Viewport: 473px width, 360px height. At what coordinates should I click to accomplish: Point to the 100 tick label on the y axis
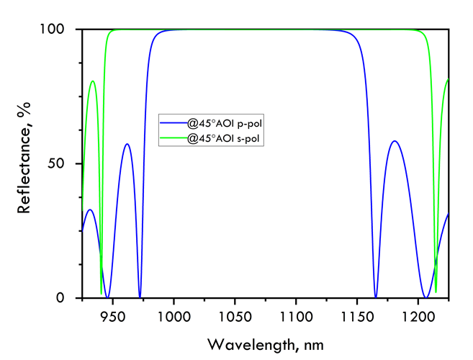point(55,30)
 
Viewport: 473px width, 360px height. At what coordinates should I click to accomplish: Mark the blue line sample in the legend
point(174,124)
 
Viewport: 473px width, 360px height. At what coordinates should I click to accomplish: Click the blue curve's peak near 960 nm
point(127,144)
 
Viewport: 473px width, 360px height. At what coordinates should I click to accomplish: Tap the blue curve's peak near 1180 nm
point(394,141)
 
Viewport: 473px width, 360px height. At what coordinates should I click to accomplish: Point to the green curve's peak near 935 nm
point(93,81)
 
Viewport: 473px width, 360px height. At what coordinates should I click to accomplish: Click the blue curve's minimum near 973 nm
point(140,297)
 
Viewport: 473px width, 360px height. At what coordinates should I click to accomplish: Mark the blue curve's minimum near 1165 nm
point(376,297)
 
